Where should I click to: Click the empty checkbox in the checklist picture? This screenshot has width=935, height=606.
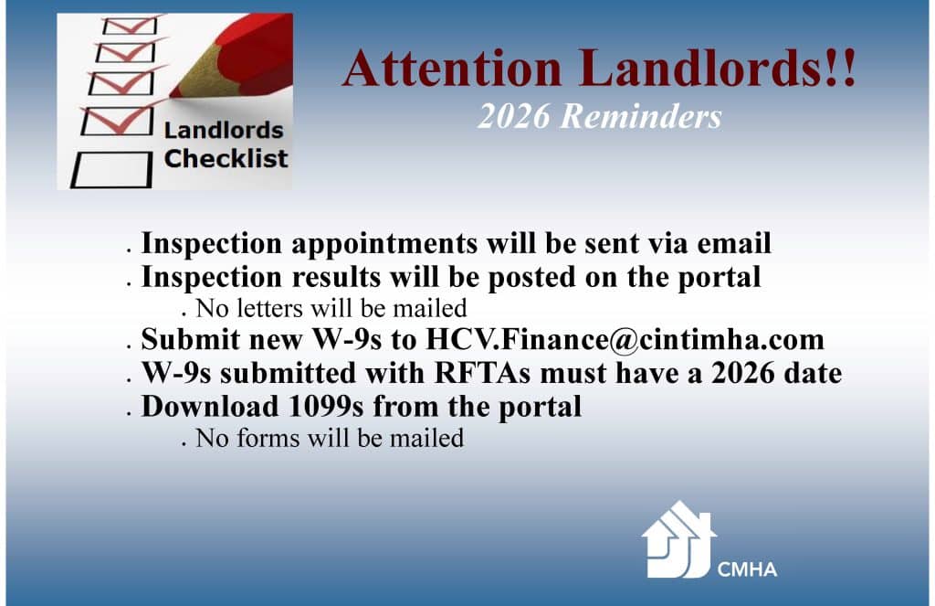[110, 170]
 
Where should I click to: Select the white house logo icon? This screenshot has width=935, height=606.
[677, 539]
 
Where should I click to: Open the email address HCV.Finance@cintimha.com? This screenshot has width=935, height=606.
[625, 340]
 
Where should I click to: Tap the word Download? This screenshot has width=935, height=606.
[206, 406]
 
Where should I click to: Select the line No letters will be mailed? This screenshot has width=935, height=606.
[331, 308]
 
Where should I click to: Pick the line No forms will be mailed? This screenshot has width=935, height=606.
[330, 439]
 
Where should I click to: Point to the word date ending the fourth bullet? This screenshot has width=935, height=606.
[811, 373]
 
